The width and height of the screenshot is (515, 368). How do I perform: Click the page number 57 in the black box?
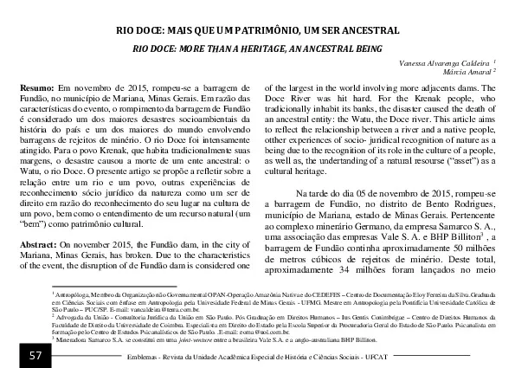coord(35,357)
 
